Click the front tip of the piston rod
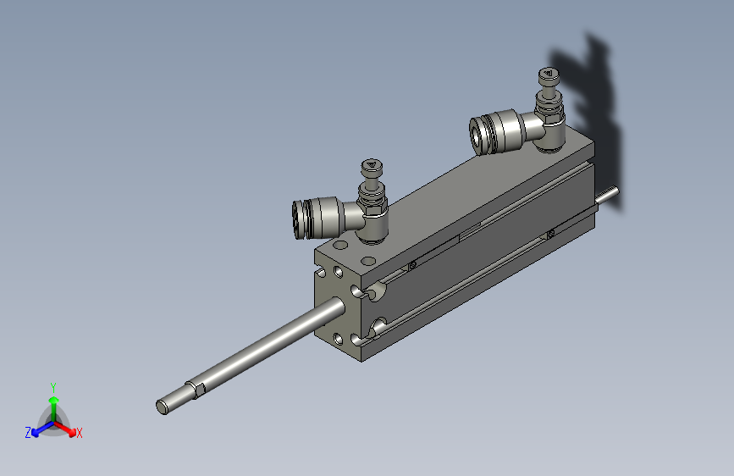[x=162, y=407]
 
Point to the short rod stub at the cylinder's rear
[x=608, y=196]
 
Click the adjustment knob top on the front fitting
[x=372, y=165]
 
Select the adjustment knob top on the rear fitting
[x=549, y=74]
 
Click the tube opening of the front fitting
[x=298, y=220]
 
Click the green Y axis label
[x=53, y=387]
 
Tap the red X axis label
[x=79, y=434]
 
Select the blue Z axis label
[x=28, y=433]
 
